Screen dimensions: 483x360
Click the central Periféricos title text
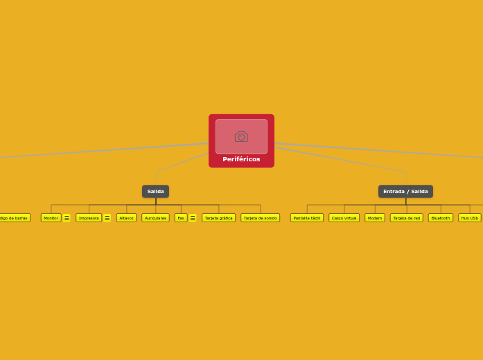pyautogui.click(x=241, y=159)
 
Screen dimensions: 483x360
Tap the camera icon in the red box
pyautogui.click(x=241, y=136)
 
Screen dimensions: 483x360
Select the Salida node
pyautogui.click(x=155, y=191)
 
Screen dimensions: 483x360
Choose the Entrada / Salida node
pyautogui.click(x=405, y=191)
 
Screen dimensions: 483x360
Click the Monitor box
pyautogui.click(x=51, y=217)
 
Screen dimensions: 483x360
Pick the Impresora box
pyautogui.click(x=89, y=217)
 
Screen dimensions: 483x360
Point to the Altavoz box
pyautogui.click(x=126, y=217)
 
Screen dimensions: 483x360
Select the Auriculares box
pyautogui.click(x=155, y=217)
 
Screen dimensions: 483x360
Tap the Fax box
pyautogui.click(x=181, y=217)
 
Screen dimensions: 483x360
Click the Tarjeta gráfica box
pyautogui.click(x=218, y=217)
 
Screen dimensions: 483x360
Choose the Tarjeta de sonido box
pyautogui.click(x=260, y=217)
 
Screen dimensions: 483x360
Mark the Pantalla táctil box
pyautogui.click(x=307, y=217)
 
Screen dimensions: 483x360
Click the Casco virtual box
pyautogui.click(x=344, y=217)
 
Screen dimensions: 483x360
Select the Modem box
pyautogui.click(x=375, y=217)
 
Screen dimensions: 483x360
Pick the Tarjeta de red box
pyautogui.click(x=406, y=217)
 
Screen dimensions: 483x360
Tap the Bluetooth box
pyautogui.click(x=440, y=217)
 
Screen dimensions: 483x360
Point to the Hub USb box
pyautogui.click(x=470, y=217)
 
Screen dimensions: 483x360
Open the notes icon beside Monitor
pyautogui.click(x=67, y=218)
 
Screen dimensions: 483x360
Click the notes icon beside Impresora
pyautogui.click(x=107, y=218)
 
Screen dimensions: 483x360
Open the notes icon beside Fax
pyautogui.click(x=193, y=218)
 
